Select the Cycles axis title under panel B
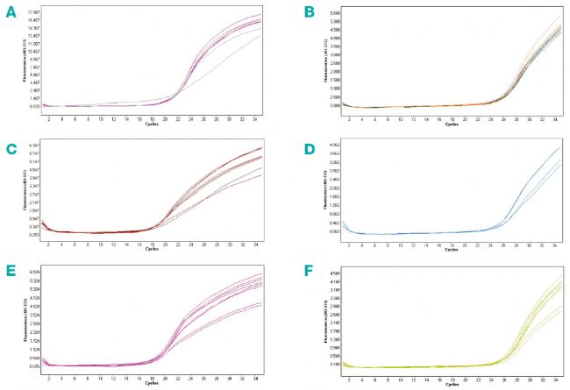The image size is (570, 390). [450, 124]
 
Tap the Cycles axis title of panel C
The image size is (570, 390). [152, 252]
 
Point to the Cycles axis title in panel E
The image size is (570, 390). [152, 383]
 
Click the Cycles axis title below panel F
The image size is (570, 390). [450, 382]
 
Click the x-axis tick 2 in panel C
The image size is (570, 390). [48, 245]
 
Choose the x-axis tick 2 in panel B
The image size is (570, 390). [349, 117]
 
